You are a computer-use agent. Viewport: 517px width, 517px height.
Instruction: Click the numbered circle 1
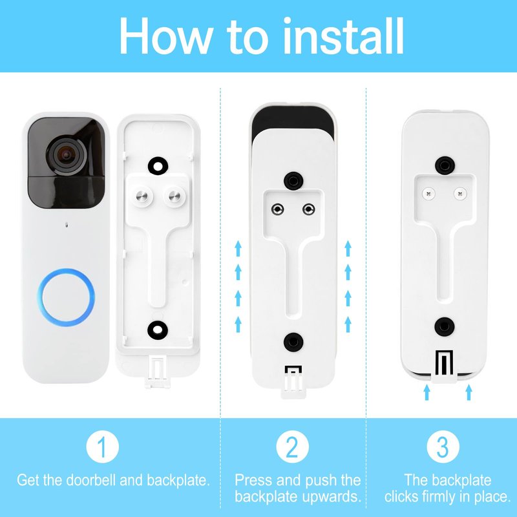103,447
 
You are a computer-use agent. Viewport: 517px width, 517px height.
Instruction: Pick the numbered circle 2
292,447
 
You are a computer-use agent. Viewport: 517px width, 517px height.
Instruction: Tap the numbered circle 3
443,447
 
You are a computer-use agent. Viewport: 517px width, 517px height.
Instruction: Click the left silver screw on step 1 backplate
142,197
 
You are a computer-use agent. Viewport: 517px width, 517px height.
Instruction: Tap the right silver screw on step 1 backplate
174,197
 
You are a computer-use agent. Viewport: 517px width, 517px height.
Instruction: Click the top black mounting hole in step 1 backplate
158,166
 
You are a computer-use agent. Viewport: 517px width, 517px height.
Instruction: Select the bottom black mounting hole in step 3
445,327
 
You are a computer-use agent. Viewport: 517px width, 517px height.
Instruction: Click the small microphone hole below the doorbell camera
67,225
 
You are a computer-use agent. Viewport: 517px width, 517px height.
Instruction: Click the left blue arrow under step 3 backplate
427,392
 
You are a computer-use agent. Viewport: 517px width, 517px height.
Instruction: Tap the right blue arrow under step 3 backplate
469,392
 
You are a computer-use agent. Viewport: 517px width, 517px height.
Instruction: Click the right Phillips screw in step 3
460,193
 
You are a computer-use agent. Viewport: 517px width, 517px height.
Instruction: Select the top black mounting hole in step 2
293,181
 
